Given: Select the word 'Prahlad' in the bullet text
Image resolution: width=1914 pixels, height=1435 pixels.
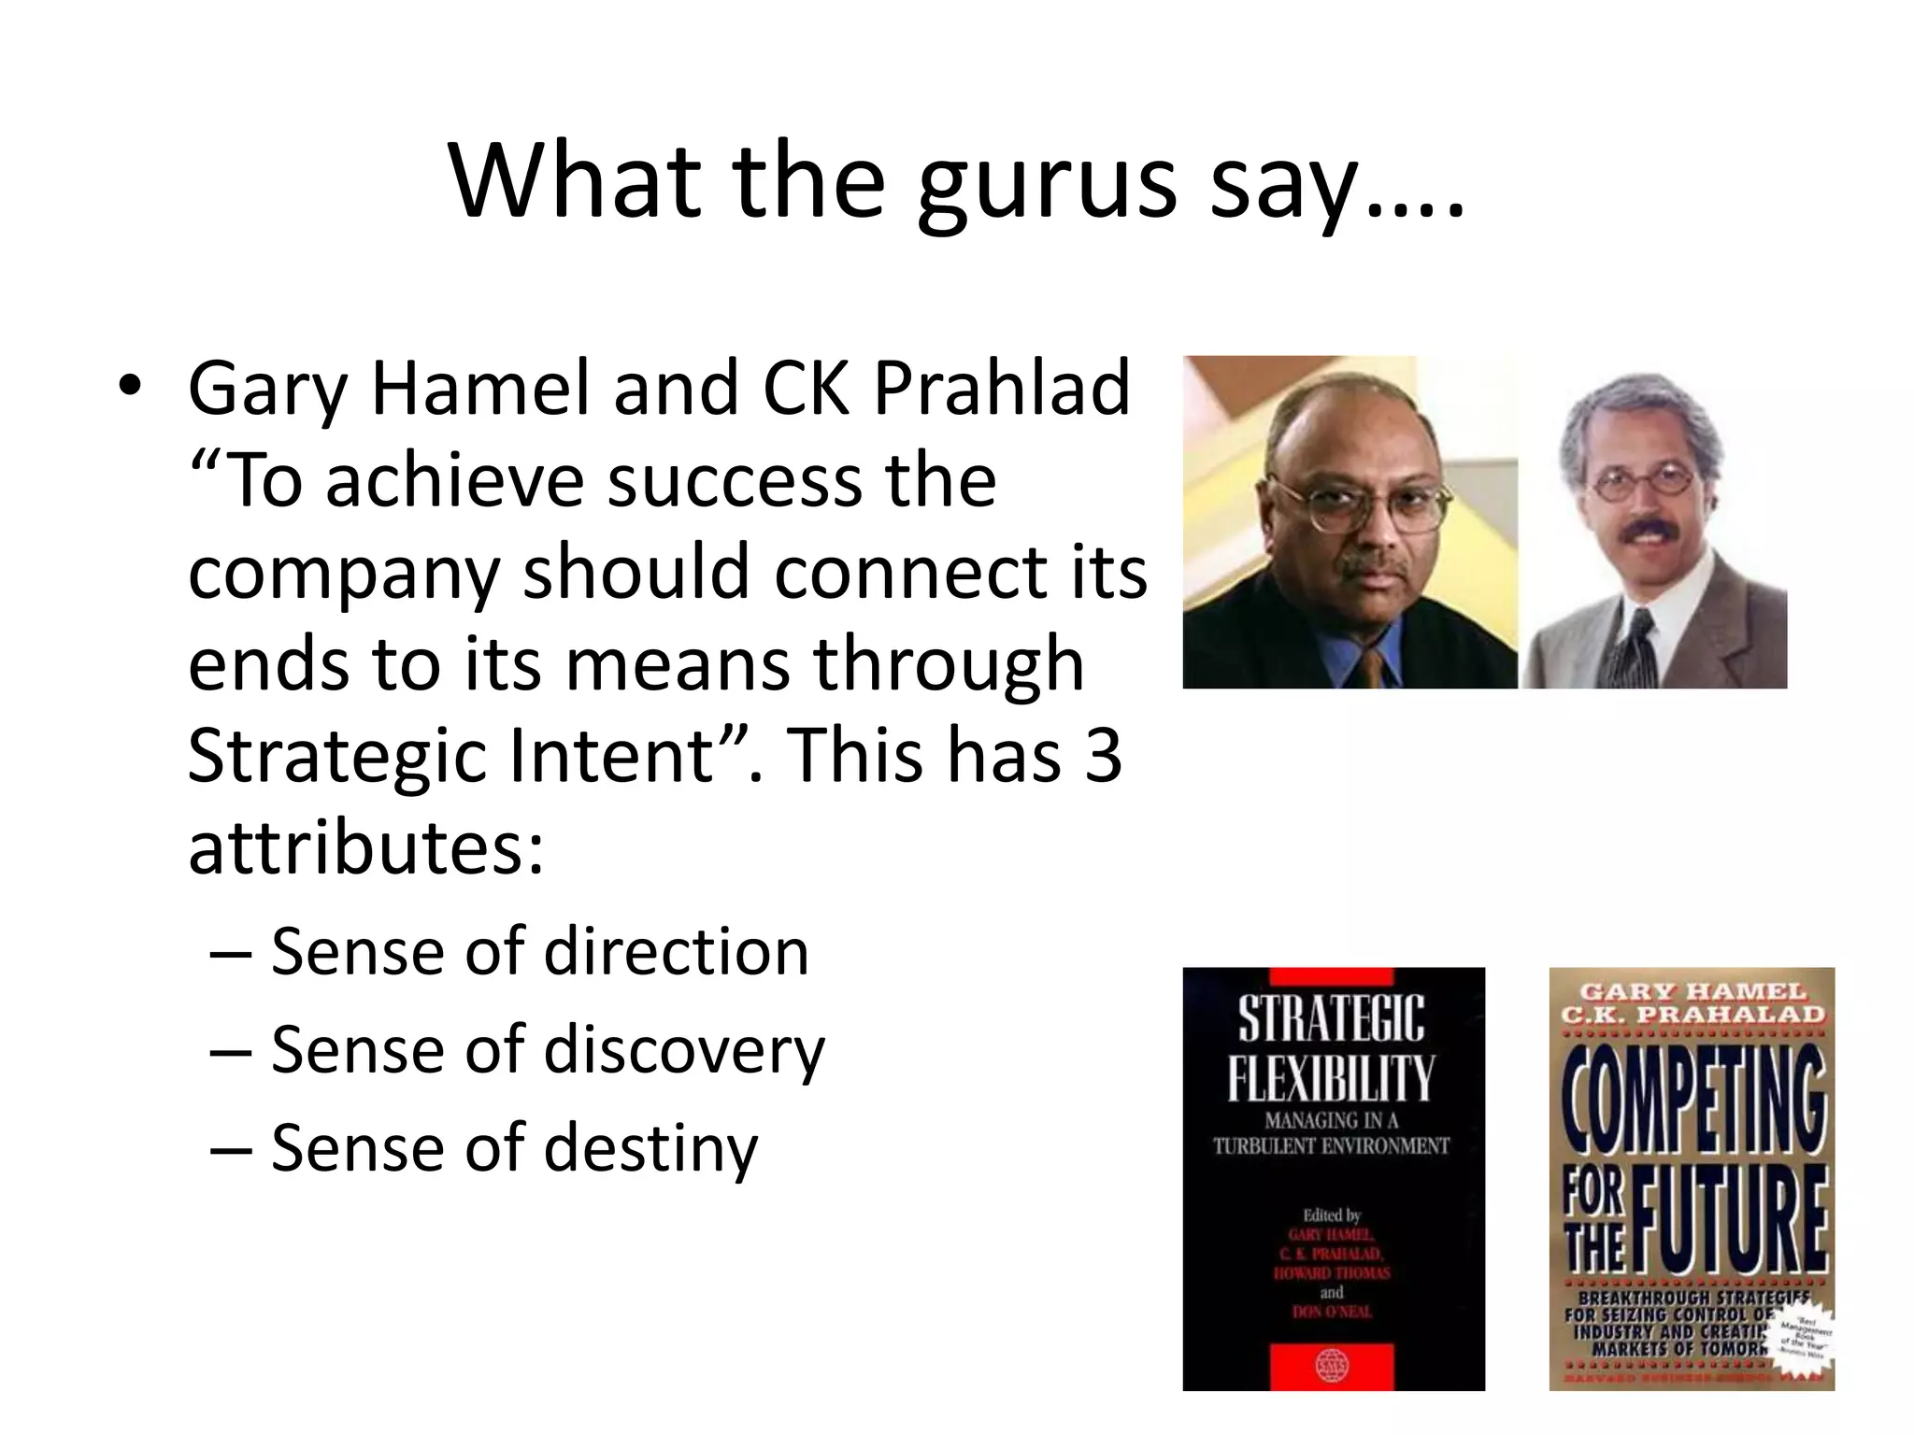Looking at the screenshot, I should tap(1001, 388).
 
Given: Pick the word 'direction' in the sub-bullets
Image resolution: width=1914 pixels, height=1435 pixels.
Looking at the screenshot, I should tap(676, 952).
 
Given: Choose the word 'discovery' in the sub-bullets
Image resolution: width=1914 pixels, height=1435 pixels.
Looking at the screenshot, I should tap(684, 1050).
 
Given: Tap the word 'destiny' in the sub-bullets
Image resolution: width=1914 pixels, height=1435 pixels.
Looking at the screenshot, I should tap(650, 1148).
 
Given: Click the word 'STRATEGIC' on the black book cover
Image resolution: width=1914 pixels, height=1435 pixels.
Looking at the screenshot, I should tap(1332, 1017).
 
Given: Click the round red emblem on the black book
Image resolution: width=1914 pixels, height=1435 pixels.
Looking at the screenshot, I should tap(1332, 1365).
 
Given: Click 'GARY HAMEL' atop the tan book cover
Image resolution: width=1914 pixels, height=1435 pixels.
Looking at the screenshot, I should tap(1693, 990).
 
